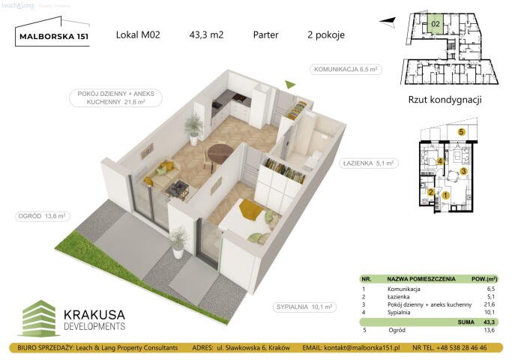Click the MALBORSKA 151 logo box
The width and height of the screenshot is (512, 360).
coord(52,34)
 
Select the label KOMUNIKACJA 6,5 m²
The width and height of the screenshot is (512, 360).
coord(344,69)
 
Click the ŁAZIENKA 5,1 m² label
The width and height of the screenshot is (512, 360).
coord(369,163)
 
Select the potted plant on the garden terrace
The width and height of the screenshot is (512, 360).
coord(178,240)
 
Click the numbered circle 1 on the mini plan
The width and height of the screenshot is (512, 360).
coord(445,196)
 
